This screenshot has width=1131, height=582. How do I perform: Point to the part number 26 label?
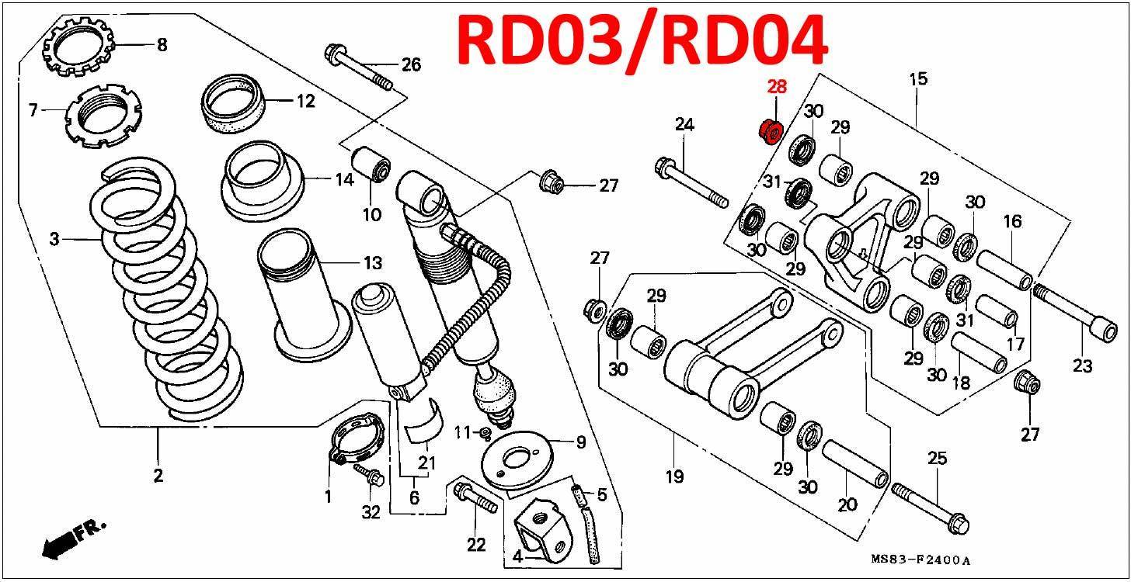(x=410, y=64)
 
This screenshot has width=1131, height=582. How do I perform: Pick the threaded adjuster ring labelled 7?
(x=104, y=116)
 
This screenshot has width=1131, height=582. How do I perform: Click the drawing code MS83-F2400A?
(x=920, y=559)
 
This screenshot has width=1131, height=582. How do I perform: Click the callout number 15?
(x=918, y=79)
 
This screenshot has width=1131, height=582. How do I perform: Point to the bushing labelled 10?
(x=371, y=162)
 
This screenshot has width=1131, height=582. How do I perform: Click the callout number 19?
(x=674, y=476)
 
